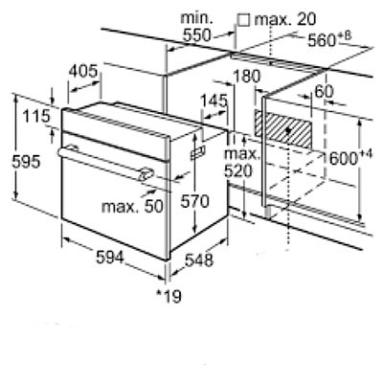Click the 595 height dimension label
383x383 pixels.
pyautogui.click(x=26, y=162)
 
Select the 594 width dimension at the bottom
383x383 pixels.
pyautogui.click(x=110, y=257)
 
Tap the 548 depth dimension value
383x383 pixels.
pyautogui.click(x=199, y=260)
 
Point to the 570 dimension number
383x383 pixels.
pyautogui.click(x=194, y=201)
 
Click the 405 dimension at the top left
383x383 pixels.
pyautogui.click(x=83, y=71)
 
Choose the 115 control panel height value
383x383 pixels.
pyautogui.click(x=36, y=116)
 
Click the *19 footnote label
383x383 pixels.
pyautogui.click(x=169, y=296)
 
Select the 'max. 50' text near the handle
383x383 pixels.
pyautogui.click(x=132, y=207)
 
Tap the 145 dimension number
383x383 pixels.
pyautogui.click(x=214, y=101)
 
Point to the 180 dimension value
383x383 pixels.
pyautogui.click(x=247, y=77)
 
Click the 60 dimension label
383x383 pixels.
pyautogui.click(x=324, y=92)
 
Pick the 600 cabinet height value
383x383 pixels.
pyautogui.click(x=343, y=159)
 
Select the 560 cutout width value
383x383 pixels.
pyautogui.click(x=322, y=41)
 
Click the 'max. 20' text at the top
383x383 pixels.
pyautogui.click(x=285, y=20)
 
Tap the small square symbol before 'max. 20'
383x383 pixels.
pyautogui.click(x=244, y=20)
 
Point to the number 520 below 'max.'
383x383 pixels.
pyautogui.click(x=238, y=171)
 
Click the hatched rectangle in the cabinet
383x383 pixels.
pyautogui.click(x=283, y=129)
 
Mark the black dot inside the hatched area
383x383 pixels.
pyautogui.click(x=289, y=130)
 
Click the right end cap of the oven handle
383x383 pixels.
pyautogui.click(x=146, y=174)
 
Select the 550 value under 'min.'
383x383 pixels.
pyautogui.click(x=197, y=35)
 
